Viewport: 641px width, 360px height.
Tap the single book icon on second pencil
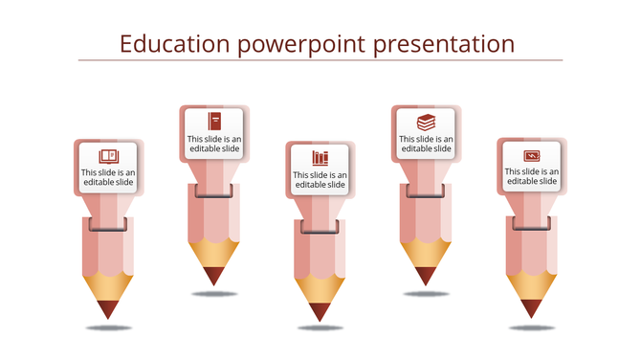215,121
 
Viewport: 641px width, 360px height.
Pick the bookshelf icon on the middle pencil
320,158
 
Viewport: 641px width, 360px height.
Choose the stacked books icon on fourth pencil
426,122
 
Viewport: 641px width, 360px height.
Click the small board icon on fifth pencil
532,155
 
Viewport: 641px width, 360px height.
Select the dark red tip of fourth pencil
426,276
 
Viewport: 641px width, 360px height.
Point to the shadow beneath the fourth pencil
426,294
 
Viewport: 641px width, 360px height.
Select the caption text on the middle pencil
320,180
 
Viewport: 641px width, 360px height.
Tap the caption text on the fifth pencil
532,176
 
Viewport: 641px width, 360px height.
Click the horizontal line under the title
320,61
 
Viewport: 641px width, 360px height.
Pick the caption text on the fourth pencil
426,144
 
